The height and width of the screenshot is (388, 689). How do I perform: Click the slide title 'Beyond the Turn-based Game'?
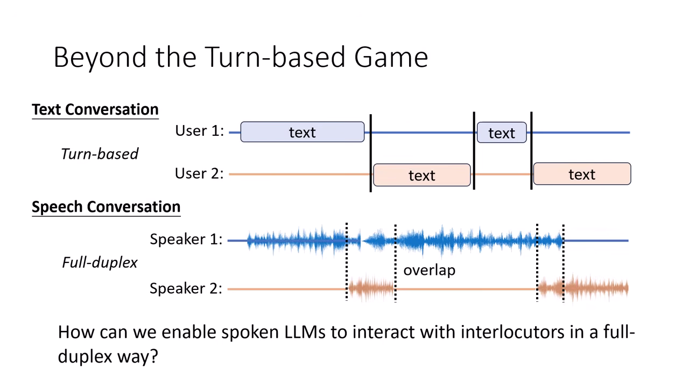241,57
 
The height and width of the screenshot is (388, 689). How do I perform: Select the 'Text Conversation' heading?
95,109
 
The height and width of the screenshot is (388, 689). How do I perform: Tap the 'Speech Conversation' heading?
106,207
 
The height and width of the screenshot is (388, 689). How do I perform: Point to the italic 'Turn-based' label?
100,154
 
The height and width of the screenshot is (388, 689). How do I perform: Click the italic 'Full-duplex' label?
100,262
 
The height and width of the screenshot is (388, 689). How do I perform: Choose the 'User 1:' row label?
199,131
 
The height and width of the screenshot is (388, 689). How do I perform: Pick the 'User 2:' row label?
199,174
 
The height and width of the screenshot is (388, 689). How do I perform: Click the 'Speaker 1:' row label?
186,239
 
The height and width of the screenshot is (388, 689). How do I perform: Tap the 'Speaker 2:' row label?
186,288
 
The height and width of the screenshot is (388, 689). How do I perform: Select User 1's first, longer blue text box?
302,133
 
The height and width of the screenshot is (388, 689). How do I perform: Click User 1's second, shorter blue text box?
502,133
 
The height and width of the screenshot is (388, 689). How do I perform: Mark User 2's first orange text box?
421,175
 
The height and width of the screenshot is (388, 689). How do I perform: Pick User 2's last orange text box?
582,175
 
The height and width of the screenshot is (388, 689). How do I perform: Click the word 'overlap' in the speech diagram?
429,270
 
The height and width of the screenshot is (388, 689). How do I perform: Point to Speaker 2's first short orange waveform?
371,289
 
